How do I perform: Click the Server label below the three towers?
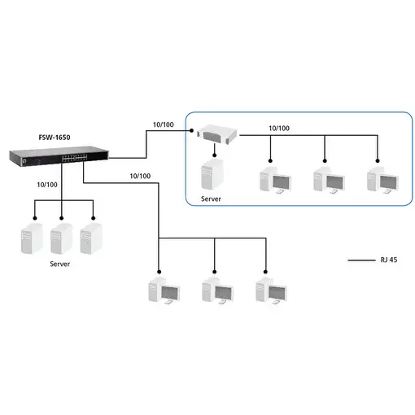tap(60, 264)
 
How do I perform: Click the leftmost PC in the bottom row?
tap(159, 293)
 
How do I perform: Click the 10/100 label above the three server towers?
tap(47, 185)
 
